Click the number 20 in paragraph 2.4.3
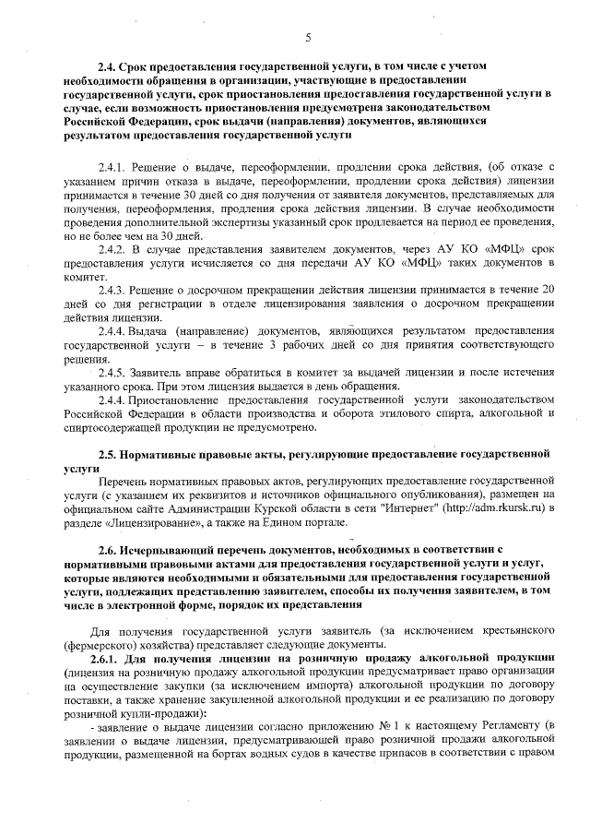click(547, 290)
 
